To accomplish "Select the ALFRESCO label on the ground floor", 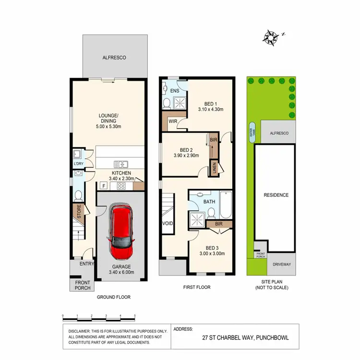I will click(x=114, y=58).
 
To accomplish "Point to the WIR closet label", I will click(x=172, y=122).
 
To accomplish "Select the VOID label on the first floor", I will click(x=168, y=224).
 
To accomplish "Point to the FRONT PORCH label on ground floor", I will click(x=83, y=285).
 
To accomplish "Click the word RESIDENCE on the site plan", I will click(x=276, y=195).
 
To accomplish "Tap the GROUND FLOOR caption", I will click(x=113, y=297).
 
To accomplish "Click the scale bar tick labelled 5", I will click(x=135, y=316).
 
